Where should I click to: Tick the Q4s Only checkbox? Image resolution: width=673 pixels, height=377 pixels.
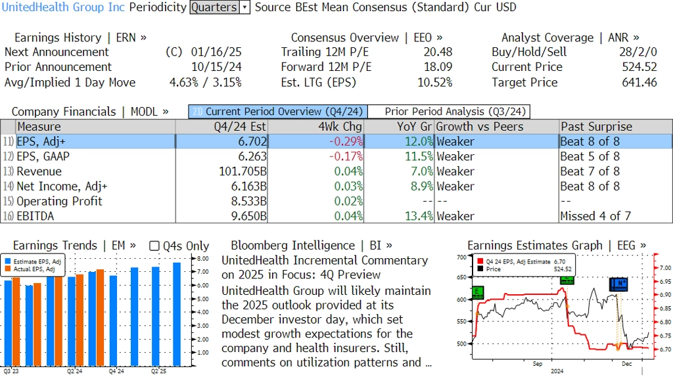(x=154, y=246)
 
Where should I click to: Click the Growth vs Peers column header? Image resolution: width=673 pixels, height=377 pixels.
(x=480, y=127)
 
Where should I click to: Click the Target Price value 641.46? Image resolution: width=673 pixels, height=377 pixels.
(x=639, y=82)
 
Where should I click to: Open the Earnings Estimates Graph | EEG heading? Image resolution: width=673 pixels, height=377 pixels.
(x=556, y=245)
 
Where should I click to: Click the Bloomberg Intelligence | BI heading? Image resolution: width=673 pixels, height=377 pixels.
(x=312, y=245)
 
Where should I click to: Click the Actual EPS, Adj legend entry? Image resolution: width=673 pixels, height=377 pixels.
(x=35, y=269)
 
